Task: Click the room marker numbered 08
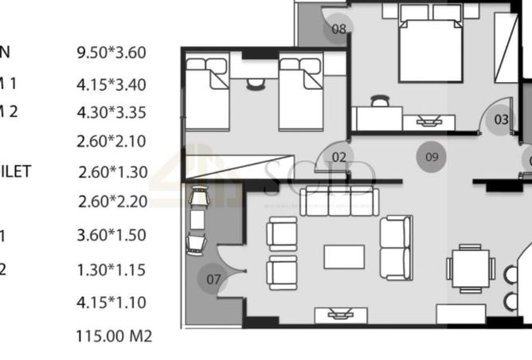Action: pyautogui.click(x=339, y=29)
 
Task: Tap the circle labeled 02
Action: pyautogui.click(x=339, y=157)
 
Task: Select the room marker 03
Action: pyautogui.click(x=501, y=119)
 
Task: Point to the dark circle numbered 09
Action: pyautogui.click(x=432, y=157)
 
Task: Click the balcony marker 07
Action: pyautogui.click(x=213, y=280)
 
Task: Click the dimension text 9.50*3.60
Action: pyautogui.click(x=111, y=53)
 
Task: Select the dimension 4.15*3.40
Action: pyautogui.click(x=111, y=84)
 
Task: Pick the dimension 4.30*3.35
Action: pyautogui.click(x=111, y=112)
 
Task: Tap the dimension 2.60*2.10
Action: pyautogui.click(x=111, y=142)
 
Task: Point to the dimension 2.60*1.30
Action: pyautogui.click(x=113, y=171)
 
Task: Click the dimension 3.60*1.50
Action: pyautogui.click(x=111, y=235)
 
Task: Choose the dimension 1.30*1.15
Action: pyautogui.click(x=111, y=270)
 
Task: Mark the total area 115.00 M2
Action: pyautogui.click(x=113, y=335)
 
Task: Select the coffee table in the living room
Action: pyautogui.click(x=343, y=256)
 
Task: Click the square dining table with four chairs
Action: pyautogui.click(x=471, y=269)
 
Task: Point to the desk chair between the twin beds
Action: pyautogui.click(x=256, y=84)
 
